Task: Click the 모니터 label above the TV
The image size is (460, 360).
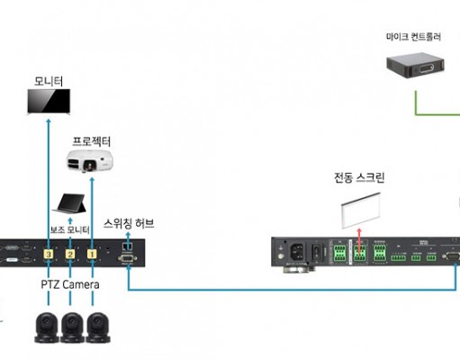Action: click(49, 81)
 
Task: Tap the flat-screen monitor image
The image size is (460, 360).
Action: click(49, 102)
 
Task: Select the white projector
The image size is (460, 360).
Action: click(90, 161)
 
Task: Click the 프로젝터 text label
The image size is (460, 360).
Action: click(92, 141)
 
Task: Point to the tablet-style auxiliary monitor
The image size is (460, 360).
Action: click(69, 203)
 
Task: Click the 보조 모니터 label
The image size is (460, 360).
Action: click(69, 229)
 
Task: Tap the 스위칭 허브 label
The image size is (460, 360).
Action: click(129, 223)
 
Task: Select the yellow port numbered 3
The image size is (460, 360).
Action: click(49, 255)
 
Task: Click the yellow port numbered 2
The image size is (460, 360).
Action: click(70, 255)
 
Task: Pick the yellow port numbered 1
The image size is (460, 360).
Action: click(92, 254)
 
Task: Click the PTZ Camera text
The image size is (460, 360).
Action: click(70, 284)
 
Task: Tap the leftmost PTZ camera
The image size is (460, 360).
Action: click(47, 328)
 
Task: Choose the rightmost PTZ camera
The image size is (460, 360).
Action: click(98, 328)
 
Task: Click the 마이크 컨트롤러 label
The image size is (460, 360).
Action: click(413, 37)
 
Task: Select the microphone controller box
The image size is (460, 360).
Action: click(415, 66)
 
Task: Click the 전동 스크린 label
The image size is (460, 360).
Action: click(359, 177)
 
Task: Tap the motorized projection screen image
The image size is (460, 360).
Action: click(361, 211)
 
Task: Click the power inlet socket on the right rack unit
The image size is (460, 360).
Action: click(298, 251)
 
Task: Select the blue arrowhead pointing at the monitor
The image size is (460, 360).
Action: click(49, 121)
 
